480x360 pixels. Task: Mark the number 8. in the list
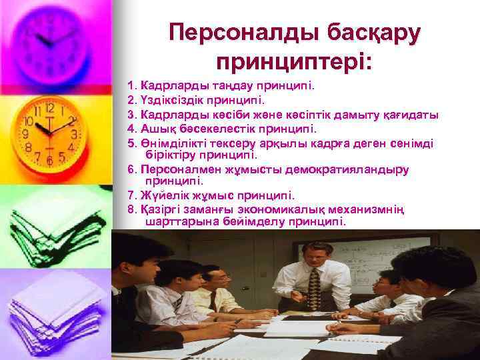131,209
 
